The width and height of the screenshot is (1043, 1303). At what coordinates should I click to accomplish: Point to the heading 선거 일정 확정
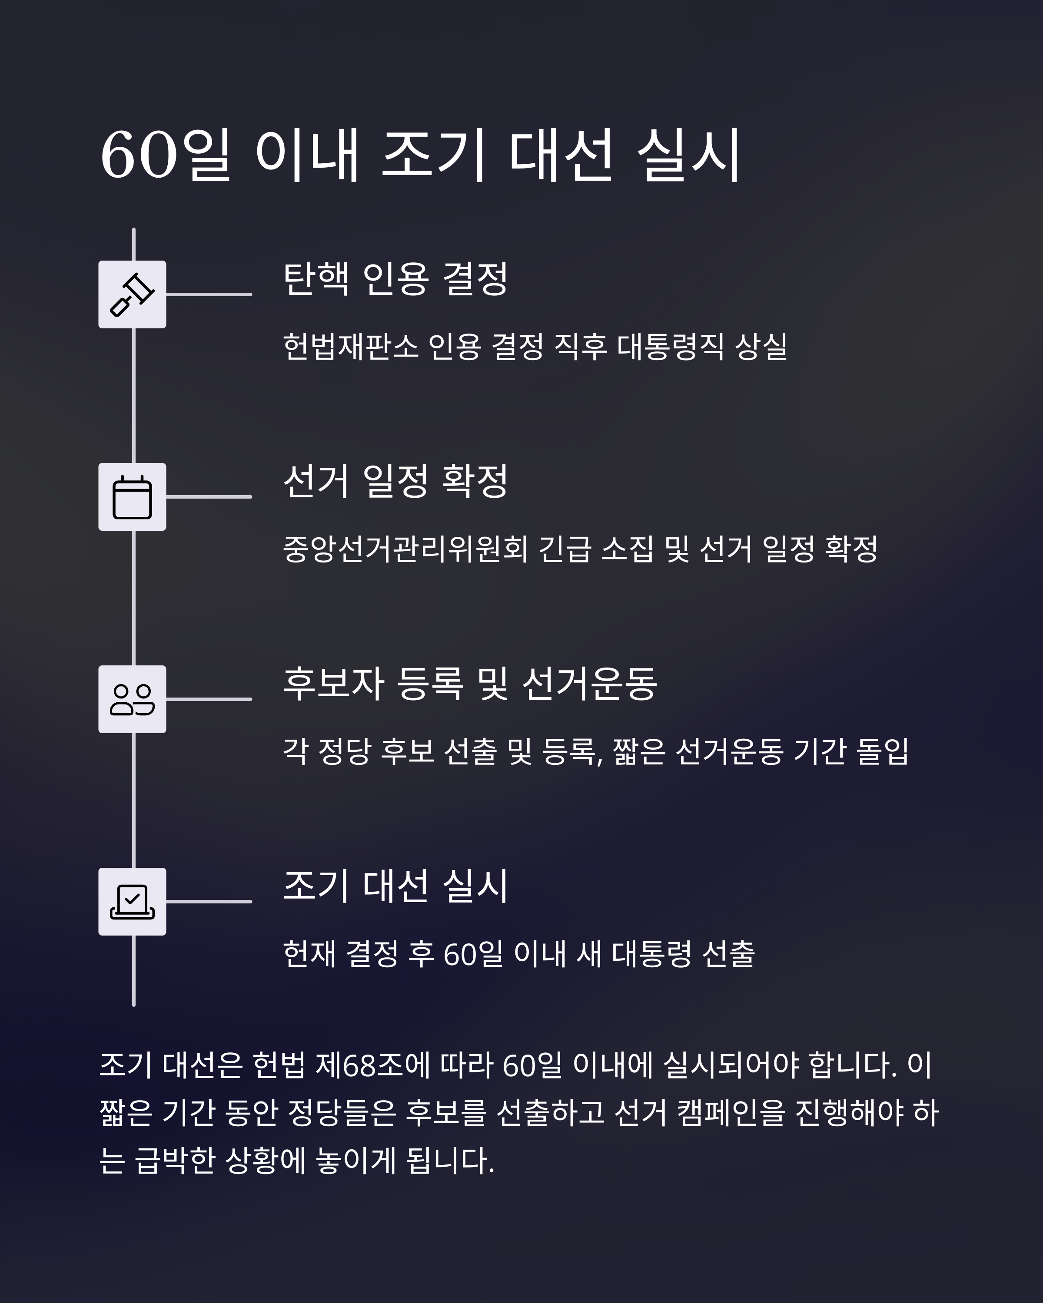tap(395, 481)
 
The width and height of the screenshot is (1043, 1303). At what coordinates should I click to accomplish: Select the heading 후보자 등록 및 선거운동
tap(470, 684)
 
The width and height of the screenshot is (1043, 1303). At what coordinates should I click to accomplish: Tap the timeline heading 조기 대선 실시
tap(395, 886)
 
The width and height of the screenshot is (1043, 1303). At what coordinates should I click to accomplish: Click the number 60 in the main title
tap(139, 155)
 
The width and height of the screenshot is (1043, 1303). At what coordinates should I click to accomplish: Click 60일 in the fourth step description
tap(473, 954)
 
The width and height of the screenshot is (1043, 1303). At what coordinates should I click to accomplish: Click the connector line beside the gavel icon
tap(209, 294)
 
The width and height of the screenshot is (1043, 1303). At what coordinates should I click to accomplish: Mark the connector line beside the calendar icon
tap(209, 497)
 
